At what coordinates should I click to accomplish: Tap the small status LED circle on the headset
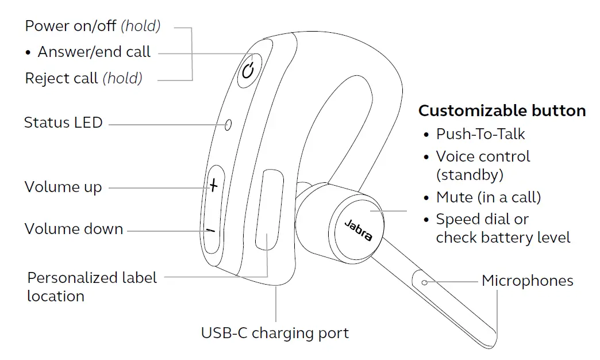228,124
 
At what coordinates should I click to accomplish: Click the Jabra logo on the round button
357,229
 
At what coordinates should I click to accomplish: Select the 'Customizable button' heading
502,110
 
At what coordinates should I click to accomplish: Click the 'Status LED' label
63,122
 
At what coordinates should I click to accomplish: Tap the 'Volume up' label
63,187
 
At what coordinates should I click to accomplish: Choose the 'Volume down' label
74,229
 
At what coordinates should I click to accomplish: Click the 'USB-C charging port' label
275,333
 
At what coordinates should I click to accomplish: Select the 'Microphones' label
527,281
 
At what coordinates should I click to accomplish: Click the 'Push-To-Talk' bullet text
480,134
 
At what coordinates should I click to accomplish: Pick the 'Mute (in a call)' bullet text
489,197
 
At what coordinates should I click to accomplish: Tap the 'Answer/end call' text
94,52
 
